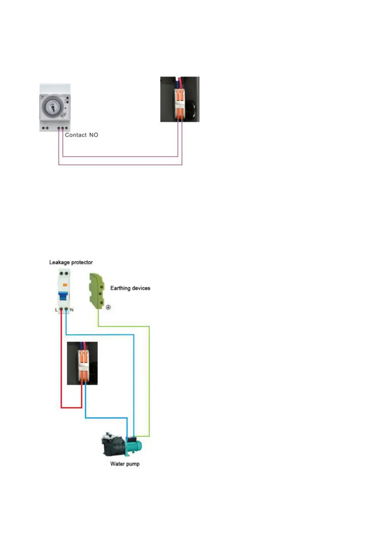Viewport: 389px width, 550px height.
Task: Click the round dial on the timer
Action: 52,107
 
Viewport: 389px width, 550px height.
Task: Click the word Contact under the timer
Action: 76,135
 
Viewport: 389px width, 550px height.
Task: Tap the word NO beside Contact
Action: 94,135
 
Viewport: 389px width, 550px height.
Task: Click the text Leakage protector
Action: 71,262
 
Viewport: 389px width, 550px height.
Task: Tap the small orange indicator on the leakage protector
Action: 65,285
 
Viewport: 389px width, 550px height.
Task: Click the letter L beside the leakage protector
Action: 56,310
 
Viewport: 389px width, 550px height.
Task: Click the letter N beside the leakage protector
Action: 72,310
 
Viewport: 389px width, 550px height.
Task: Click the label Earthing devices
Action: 130,288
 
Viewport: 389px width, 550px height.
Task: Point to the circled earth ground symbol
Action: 108,307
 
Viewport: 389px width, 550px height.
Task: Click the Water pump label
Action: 125,464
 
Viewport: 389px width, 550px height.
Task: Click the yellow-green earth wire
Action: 149,376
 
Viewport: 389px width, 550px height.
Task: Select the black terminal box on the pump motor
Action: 131,439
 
